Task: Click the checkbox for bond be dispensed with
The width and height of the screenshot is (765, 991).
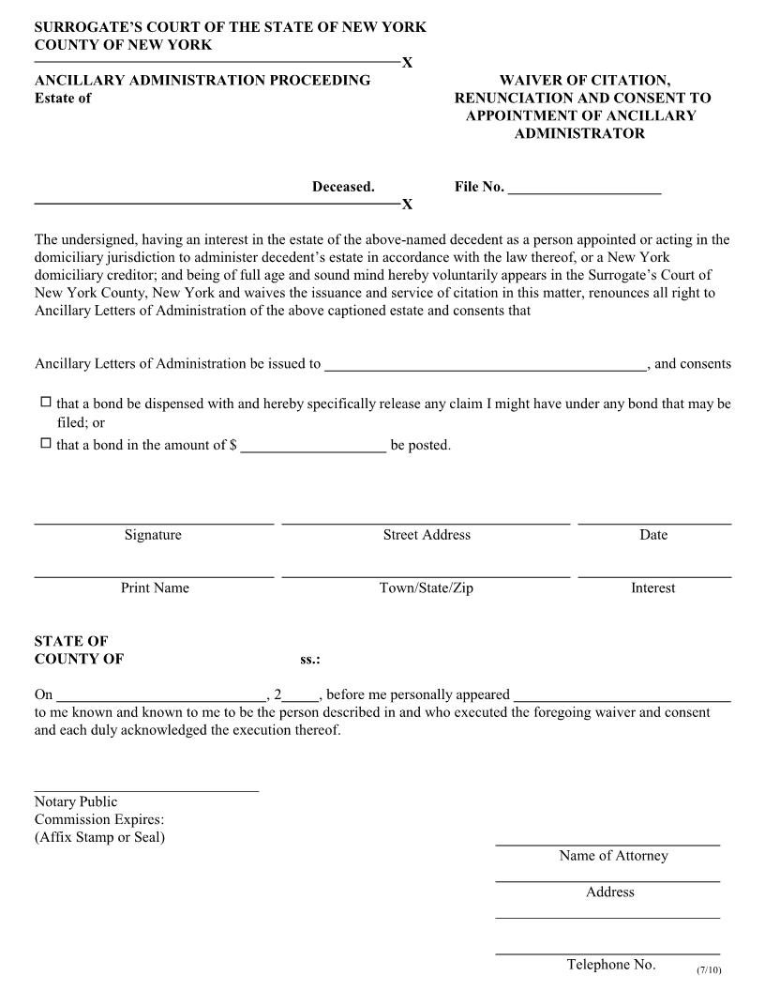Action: tap(45, 403)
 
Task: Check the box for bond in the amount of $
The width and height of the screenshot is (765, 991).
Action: tap(45, 444)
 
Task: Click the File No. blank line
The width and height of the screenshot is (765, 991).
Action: tap(584, 191)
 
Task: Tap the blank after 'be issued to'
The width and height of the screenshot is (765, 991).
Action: tap(485, 370)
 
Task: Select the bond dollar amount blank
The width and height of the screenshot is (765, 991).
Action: tap(313, 450)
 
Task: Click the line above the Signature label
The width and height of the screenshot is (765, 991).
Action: tap(154, 522)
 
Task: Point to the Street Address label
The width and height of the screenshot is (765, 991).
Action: tap(427, 535)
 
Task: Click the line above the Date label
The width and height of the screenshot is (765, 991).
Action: tap(654, 522)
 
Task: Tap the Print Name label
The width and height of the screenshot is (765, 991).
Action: tap(155, 588)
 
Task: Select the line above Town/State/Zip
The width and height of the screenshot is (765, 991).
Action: tap(426, 575)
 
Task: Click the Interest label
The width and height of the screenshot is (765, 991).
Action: tap(652, 588)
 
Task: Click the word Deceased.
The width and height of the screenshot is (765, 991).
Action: tap(343, 187)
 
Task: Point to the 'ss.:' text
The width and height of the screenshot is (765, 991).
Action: tap(310, 660)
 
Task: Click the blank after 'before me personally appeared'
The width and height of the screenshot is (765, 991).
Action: tap(622, 700)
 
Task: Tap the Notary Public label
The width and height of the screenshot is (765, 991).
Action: tap(76, 802)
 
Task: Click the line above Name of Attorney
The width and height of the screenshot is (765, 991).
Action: tap(607, 846)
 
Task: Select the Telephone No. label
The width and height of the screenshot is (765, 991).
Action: tap(610, 965)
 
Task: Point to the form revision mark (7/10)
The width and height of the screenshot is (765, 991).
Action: tap(709, 969)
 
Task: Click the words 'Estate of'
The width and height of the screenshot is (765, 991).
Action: tap(63, 99)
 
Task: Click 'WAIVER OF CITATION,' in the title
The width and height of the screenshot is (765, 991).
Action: tap(584, 81)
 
